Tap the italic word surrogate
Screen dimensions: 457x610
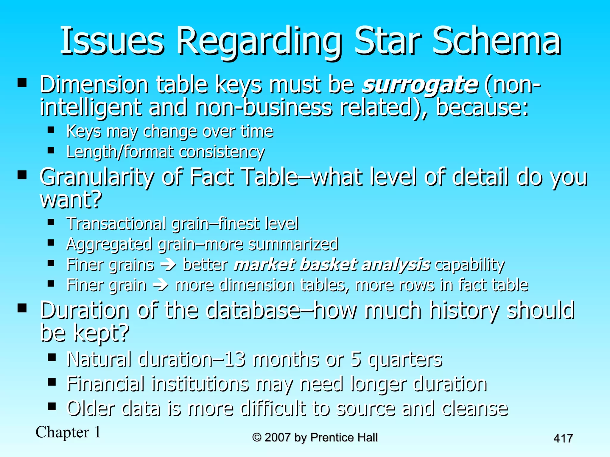(420, 84)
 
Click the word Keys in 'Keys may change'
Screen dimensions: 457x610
(84, 131)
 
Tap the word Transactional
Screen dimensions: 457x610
(116, 223)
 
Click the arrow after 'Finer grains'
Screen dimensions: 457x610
(168, 265)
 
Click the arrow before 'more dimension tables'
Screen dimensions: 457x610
(161, 285)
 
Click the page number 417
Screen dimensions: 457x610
(563, 439)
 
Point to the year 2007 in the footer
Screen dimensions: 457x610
(277, 437)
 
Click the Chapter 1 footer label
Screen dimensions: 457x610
(68, 432)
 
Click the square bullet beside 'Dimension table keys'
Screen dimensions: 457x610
(22, 82)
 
